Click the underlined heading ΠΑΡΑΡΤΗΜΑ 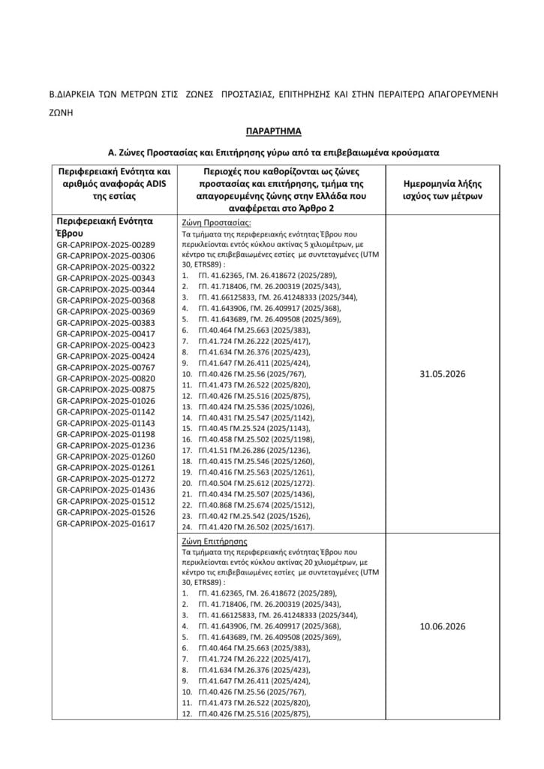coord(272,131)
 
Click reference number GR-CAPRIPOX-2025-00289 coord(106,245)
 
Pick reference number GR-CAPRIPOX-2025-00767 coord(106,367)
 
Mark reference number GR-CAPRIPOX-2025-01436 coord(106,489)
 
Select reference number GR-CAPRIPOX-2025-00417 coord(106,333)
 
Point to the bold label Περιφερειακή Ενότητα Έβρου coord(105,228)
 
